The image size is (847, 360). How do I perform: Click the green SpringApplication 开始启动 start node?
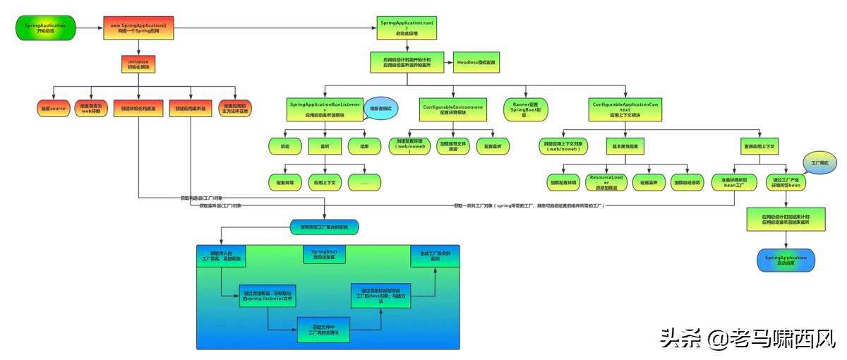point(45,28)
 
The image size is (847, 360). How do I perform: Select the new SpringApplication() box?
point(138,28)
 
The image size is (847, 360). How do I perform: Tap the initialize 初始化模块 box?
point(138,64)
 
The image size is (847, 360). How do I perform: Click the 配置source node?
point(53,109)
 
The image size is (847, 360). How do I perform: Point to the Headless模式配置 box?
point(476,63)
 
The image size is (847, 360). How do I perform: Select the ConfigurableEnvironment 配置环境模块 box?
point(453,109)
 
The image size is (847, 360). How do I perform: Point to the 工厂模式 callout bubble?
point(819,162)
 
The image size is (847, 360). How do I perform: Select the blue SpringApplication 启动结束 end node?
point(786,260)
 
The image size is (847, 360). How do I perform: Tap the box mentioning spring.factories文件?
point(267,296)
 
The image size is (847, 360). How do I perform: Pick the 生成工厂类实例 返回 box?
point(435,255)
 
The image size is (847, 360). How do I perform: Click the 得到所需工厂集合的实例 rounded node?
point(324,227)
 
